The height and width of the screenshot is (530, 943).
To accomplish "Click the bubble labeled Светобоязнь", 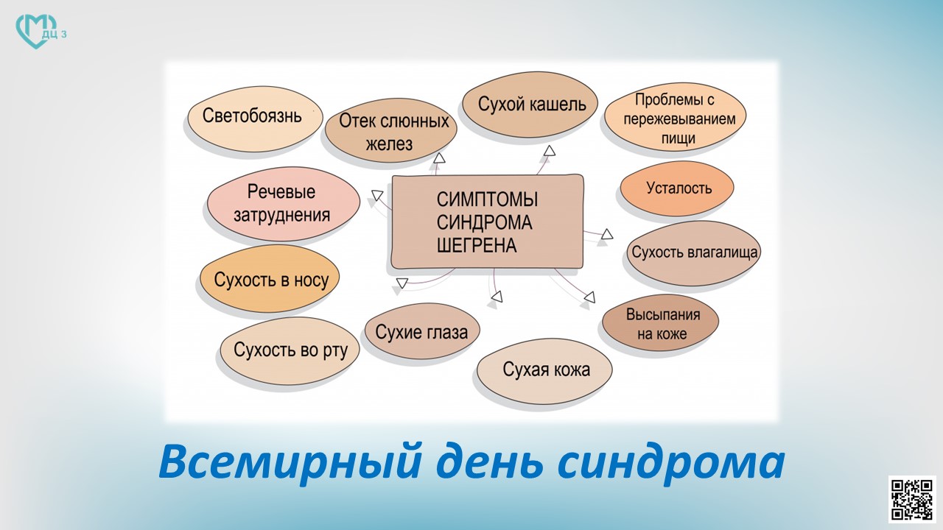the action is [255, 119].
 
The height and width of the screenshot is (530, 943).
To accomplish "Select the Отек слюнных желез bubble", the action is [391, 130].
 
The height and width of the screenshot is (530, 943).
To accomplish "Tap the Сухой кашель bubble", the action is [530, 105].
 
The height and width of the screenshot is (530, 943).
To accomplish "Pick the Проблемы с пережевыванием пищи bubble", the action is [676, 117].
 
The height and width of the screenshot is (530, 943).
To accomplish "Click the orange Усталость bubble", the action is [677, 188].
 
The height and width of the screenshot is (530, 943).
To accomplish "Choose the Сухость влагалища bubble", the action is [694, 253].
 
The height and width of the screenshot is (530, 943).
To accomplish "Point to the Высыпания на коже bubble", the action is [661, 323].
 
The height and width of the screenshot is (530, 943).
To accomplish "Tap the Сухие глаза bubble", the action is [422, 331].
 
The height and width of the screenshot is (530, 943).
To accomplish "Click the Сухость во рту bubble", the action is [290, 351].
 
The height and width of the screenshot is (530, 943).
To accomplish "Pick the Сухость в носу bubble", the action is [270, 278].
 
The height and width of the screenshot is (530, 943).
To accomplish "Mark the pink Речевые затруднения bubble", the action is [284, 204].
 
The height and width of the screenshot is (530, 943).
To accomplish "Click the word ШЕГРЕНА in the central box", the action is [477, 246].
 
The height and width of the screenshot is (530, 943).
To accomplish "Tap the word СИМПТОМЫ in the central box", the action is [487, 199].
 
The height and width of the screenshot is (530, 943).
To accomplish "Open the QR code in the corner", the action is [912, 500].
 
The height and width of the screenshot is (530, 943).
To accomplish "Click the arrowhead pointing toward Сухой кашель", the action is [550, 151].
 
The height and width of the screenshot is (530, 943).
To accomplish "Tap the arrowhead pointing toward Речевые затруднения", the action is [377, 195].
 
